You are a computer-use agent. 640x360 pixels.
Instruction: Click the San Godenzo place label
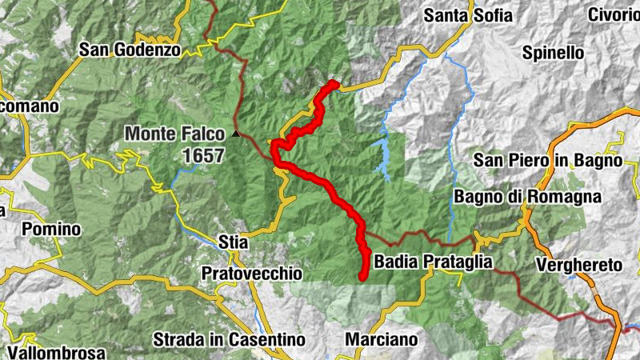click(x=130, y=50)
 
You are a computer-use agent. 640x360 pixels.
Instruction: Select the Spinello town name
click(x=553, y=54)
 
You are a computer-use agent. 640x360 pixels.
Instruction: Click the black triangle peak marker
click(x=235, y=134)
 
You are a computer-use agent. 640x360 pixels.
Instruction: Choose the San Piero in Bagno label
click(x=547, y=160)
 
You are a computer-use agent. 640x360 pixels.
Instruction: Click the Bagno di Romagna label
click(x=528, y=197)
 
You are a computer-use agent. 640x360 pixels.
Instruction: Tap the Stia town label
click(x=233, y=241)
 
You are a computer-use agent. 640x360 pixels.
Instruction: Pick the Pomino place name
click(x=51, y=230)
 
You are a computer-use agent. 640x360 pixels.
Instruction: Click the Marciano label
click(x=382, y=339)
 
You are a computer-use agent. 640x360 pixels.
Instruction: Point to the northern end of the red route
click(x=335, y=84)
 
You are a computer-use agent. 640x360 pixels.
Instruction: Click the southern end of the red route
click(x=362, y=278)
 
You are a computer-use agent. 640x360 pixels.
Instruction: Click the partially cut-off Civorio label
click(x=614, y=15)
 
